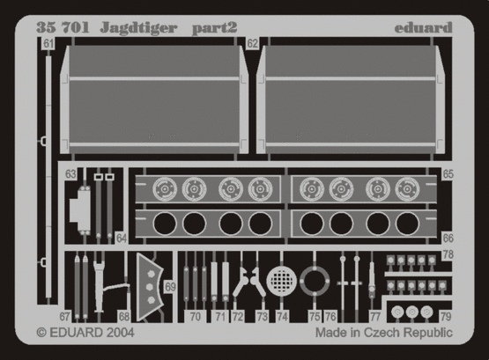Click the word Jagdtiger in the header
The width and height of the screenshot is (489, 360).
pos(138,28)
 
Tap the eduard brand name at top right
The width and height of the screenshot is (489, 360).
pos(423,27)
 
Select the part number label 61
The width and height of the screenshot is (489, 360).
pos(48,44)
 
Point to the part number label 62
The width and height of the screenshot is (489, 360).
pos(252,44)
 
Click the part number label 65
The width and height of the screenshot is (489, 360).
pos(448,174)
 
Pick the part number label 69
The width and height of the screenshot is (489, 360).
pos(170,287)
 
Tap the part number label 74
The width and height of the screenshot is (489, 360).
pos(282,317)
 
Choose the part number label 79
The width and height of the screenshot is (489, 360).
pos(446,317)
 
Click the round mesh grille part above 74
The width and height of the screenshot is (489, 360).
pos(282,281)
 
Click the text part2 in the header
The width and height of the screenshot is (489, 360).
pos(215,28)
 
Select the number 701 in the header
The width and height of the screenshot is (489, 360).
pos(76,27)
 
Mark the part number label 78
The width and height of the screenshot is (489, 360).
pos(448,254)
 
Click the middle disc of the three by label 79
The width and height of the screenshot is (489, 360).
pos(412,312)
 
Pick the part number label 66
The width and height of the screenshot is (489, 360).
pos(448,239)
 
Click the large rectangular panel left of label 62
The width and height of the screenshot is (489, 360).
pos(154,99)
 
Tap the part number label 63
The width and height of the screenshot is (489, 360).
pos(70,174)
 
